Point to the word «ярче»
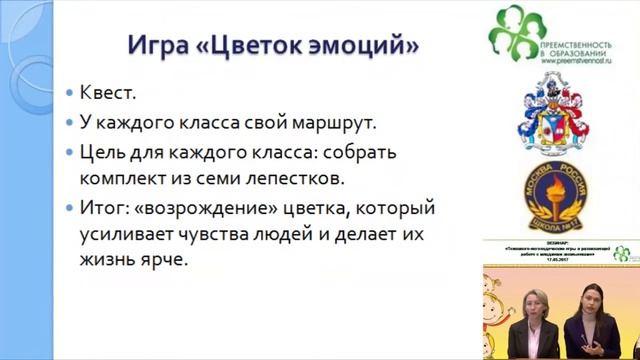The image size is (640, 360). (x=164, y=263)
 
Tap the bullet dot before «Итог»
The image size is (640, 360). (x=69, y=209)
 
